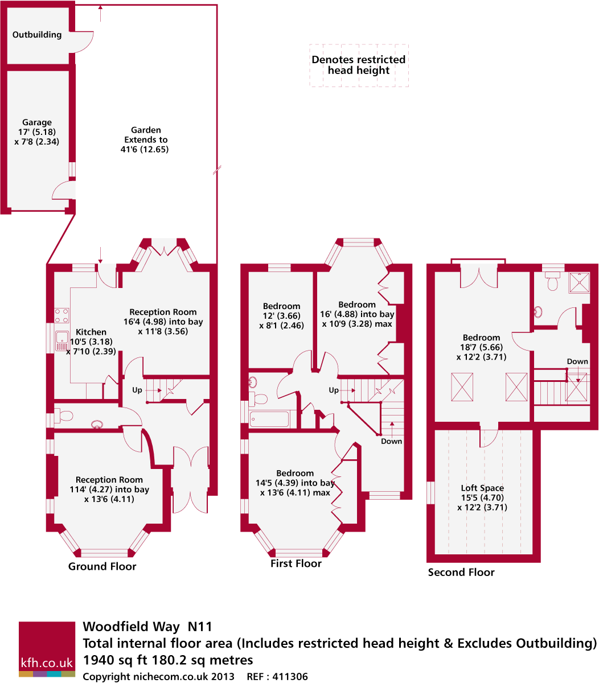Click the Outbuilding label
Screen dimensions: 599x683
pyautogui.click(x=37, y=35)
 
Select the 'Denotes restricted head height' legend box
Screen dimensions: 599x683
pyautogui.click(x=359, y=65)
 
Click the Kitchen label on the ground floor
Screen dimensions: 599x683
pyautogui.click(x=91, y=332)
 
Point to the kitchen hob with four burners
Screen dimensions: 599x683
pyautogui.click(x=61, y=315)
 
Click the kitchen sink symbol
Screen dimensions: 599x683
pyautogui.click(x=61, y=342)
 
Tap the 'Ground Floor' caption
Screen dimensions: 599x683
pyautogui.click(x=102, y=566)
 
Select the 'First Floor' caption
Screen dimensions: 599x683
pyautogui.click(x=296, y=563)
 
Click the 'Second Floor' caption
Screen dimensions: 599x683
pyautogui.click(x=461, y=572)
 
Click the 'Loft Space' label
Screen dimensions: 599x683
pyautogui.click(x=482, y=488)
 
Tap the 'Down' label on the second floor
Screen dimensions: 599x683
pyautogui.click(x=577, y=362)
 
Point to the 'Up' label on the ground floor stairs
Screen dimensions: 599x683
pyautogui.click(x=137, y=390)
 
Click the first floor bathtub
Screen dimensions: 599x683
pyautogui.click(x=269, y=419)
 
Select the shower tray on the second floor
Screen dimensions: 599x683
pyautogui.click(x=579, y=282)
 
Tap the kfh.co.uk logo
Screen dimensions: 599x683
pyautogui.click(x=47, y=649)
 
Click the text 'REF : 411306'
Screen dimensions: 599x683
pyautogui.click(x=277, y=677)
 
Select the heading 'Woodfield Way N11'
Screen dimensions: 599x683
pyautogui.click(x=147, y=627)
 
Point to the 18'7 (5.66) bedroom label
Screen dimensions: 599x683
pyautogui.click(x=481, y=347)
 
